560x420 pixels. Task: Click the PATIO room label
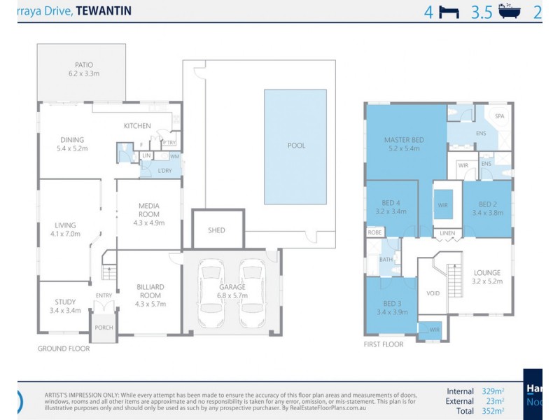80,64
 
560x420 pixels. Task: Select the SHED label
217,230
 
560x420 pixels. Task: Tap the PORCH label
104,328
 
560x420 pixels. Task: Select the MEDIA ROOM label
148,210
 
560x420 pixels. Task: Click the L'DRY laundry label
164,171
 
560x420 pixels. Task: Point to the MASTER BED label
405,140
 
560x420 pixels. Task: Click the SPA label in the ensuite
500,116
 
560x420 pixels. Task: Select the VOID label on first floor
433,293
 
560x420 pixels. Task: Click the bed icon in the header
448,12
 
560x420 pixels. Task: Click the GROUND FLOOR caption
64,348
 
